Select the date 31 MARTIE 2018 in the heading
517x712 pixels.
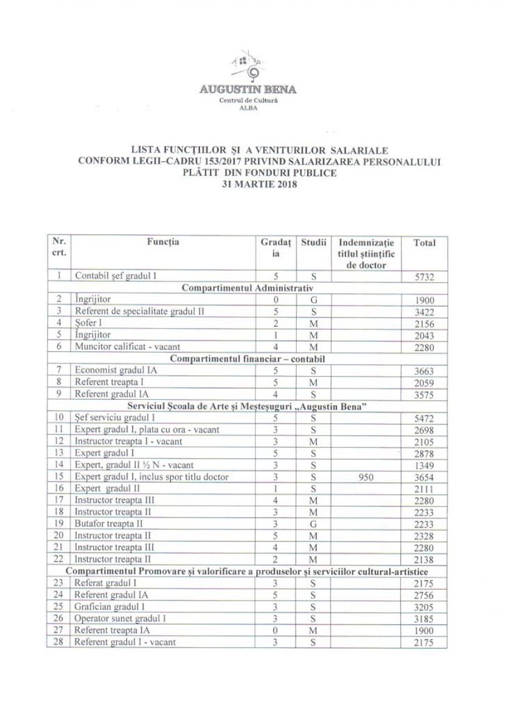(x=259, y=186)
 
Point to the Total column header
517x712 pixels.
(x=424, y=242)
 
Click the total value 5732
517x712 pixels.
(x=424, y=276)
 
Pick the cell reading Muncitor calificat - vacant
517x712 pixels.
(x=120, y=347)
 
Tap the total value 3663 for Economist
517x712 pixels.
(x=424, y=371)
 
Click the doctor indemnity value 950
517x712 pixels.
(x=367, y=477)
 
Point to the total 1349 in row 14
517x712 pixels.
(x=424, y=466)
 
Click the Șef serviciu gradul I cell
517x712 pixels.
(x=115, y=418)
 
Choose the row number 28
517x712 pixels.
(x=58, y=643)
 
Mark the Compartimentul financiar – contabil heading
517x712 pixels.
(x=247, y=358)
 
